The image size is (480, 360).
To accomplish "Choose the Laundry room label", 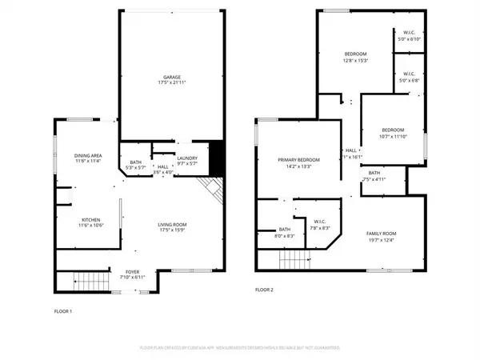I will (x=187, y=161).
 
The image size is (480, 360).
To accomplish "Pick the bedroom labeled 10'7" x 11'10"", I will (x=392, y=133).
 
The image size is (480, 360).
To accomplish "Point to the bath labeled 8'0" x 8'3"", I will (x=273, y=233).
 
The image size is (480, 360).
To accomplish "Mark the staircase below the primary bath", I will (x=294, y=258).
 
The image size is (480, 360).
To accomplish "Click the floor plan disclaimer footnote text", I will (x=239, y=348).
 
